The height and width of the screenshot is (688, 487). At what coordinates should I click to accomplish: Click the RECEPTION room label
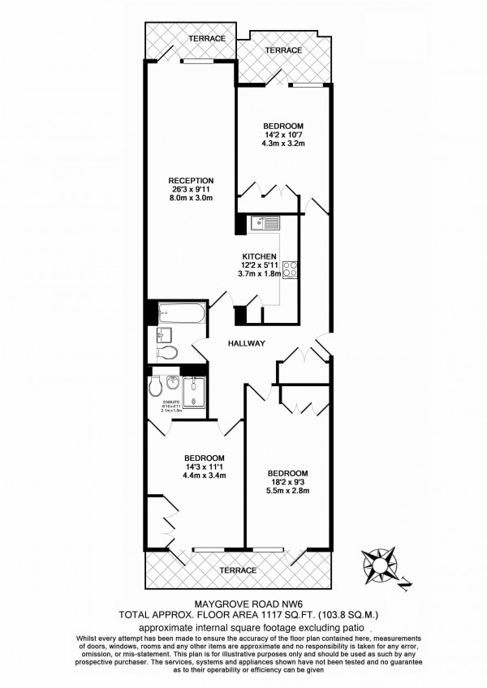point(191,180)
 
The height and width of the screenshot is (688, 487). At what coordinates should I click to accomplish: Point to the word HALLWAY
point(247,343)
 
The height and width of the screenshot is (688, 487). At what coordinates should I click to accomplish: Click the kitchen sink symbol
point(265,222)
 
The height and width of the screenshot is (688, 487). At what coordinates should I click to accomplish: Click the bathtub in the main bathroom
point(175,312)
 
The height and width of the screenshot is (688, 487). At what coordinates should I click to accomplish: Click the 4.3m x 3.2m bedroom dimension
point(283,144)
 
